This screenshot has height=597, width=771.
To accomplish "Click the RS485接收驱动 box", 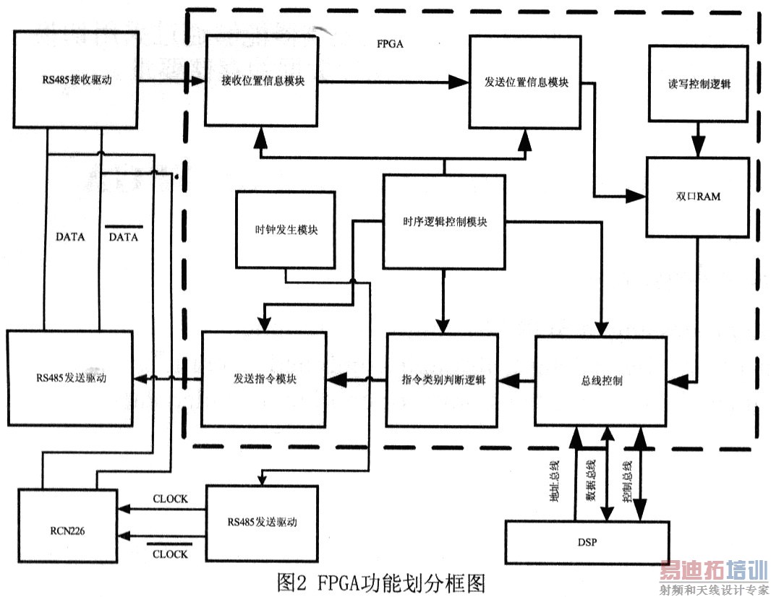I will point(75,80).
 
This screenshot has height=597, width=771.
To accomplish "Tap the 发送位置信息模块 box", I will point(526,82).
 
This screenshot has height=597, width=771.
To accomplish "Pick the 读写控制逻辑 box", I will point(699,84).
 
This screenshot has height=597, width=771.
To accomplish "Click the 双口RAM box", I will point(699,197).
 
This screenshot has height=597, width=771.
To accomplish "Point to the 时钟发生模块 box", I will point(286,230).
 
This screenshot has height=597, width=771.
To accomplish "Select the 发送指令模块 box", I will point(264,378).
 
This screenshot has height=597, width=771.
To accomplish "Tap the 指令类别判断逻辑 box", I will point(442,379).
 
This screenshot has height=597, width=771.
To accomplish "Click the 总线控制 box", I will point(601,380).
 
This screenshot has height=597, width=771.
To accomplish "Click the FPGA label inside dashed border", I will point(390,43).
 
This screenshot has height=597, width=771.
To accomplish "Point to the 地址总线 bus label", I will point(555,483).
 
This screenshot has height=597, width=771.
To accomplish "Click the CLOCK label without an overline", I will point(171,499).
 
